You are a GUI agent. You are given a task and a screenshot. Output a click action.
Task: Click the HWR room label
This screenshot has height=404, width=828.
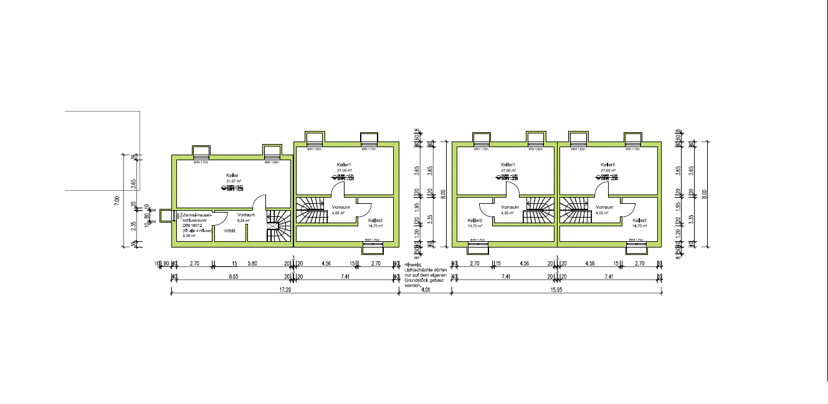pyautogui.click(x=230, y=231)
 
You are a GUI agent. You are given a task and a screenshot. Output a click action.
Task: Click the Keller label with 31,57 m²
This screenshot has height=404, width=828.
pyautogui.click(x=232, y=176)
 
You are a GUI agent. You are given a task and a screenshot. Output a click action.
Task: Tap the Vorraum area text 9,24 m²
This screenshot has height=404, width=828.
pyautogui.click(x=243, y=220)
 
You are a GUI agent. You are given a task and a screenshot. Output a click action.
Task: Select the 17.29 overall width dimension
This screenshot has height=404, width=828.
pyautogui.click(x=285, y=290)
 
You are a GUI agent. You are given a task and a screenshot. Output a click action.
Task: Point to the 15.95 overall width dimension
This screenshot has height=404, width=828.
pyautogui.click(x=556, y=290)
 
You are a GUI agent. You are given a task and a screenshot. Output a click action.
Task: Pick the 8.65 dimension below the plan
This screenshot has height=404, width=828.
pyautogui.click(x=233, y=276)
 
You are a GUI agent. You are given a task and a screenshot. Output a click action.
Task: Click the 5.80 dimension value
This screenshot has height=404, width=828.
pyautogui.click(x=252, y=264)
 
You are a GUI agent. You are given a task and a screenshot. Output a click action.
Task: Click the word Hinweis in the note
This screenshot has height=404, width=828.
pyautogui.click(x=412, y=264)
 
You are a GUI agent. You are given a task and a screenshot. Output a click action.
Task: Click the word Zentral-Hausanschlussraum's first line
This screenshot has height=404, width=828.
pyautogui.click(x=198, y=214)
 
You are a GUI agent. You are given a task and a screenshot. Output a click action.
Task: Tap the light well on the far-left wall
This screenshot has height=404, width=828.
pyautogui.click(x=166, y=216)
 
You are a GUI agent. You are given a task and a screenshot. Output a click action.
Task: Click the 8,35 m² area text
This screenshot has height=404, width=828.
pyautogui.click(x=189, y=236)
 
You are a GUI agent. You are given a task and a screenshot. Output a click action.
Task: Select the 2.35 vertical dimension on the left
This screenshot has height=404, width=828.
pyautogui.click(x=134, y=226)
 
